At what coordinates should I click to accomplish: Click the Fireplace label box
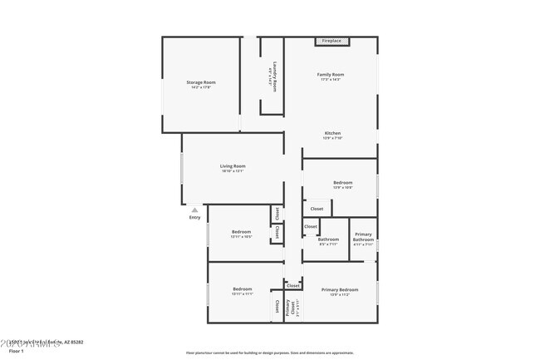point(332,41)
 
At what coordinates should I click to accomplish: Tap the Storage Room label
point(201,81)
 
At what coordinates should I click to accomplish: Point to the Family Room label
point(330,74)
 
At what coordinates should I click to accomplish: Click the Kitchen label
point(332,133)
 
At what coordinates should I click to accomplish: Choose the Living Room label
point(233,165)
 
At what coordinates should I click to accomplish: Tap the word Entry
point(194,218)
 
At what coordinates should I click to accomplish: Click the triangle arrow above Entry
point(194,210)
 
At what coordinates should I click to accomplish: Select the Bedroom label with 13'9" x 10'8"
point(343,182)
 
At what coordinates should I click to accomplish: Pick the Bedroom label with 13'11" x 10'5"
point(241,231)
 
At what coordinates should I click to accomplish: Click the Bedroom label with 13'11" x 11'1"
point(242,288)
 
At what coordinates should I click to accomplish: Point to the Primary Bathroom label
point(363,237)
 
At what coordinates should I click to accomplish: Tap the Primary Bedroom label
point(340,289)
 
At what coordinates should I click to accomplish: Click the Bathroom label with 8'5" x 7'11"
point(328,239)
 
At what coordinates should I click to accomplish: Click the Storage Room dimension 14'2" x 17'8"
point(201,87)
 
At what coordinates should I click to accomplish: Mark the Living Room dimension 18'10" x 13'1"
point(233,171)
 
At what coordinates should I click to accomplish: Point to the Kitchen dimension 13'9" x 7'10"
point(332,138)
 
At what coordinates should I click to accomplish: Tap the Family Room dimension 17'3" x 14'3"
point(330,79)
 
